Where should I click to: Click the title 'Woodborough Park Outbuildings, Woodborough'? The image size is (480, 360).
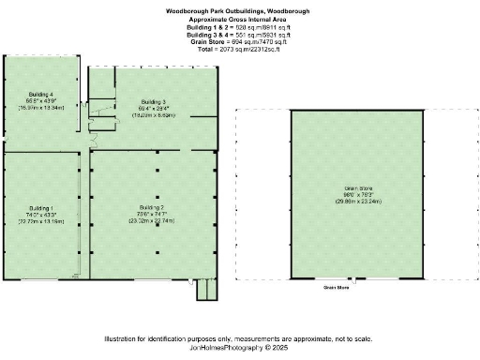(x=237, y=10)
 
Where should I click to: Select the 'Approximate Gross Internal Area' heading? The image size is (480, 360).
(x=237, y=19)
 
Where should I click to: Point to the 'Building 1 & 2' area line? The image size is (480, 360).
(x=237, y=26)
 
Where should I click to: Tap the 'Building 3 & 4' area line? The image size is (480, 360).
(x=237, y=34)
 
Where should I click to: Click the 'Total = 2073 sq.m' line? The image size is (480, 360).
(x=237, y=49)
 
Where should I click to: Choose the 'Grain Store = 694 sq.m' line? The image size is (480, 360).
(x=237, y=41)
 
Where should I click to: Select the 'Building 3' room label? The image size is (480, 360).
(x=154, y=101)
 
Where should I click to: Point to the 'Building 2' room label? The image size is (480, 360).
(x=151, y=206)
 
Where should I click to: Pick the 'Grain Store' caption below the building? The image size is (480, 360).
(x=336, y=288)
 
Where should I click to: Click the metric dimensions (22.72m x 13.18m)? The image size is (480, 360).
(x=41, y=222)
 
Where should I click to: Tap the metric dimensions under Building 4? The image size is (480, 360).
(x=42, y=108)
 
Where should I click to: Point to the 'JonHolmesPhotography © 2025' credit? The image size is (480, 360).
(x=239, y=347)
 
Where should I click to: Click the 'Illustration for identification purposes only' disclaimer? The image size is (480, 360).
(x=239, y=337)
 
